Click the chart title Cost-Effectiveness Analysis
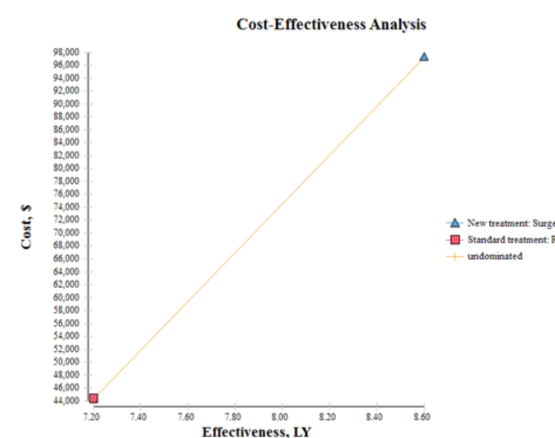coord(331,24)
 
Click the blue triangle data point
coord(424,56)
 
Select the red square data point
coord(93,398)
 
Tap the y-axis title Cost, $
coord(26,227)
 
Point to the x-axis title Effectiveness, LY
coord(256,432)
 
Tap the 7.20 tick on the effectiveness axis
coord(93,416)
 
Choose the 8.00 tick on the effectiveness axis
coord(282,416)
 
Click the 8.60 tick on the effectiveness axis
coord(422,416)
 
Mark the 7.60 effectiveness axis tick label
coord(187,416)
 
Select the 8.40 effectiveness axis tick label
coord(375,416)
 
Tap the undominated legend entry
coord(495,256)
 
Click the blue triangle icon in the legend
coord(454,223)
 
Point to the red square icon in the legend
coord(454,240)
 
